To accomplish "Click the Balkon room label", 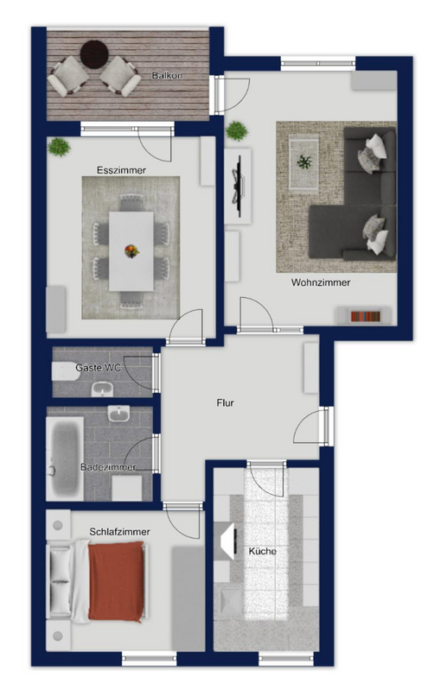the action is pos(167,75).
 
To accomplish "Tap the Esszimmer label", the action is pos(121,170).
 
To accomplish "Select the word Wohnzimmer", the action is pos(321,282).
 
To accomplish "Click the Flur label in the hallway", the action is pos(226,403).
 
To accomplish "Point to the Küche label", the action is pos(263,551).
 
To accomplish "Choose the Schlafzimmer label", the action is pos(119,532).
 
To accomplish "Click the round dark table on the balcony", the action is pos(94,54).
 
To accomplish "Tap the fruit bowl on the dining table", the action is pos(131,251).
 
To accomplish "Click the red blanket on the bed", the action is pos(117,580).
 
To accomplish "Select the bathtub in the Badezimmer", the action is pos(66,458).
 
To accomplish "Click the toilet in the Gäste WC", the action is pos(66,371).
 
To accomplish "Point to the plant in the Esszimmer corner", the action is pos(59,148).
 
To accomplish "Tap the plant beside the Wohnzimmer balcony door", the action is pos(236,131).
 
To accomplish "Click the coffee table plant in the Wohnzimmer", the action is pos(304,162).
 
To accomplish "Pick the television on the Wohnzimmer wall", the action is pos(239,187).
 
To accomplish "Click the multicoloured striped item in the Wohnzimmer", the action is pos(365,317).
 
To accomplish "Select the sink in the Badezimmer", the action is pos(119,414).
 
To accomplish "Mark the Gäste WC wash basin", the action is pos(103,389).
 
